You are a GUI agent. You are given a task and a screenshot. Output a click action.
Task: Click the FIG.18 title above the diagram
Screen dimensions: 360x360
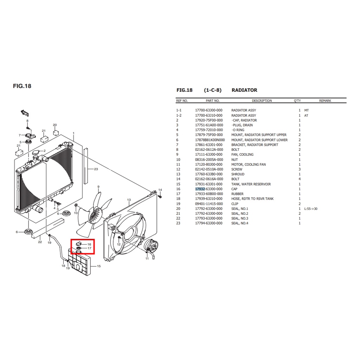pyautogui.click(x=22, y=86)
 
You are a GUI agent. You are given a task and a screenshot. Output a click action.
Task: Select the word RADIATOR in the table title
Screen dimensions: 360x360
pyautogui.click(x=244, y=90)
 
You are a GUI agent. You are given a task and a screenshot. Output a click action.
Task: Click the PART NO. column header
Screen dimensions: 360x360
pyautogui.click(x=213, y=101)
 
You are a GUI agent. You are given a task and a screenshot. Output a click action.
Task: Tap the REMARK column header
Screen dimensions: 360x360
pyautogui.click(x=325, y=101)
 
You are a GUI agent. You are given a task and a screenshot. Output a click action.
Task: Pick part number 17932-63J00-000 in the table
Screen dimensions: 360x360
pyautogui.click(x=209, y=189)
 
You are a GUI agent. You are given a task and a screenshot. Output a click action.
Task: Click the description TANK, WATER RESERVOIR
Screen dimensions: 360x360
pyautogui.click(x=251, y=184)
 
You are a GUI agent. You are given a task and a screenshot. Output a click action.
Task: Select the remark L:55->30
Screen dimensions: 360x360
pyautogui.click(x=311, y=209)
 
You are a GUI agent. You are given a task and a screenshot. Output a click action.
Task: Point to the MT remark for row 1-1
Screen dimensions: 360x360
pyautogui.click(x=307, y=110)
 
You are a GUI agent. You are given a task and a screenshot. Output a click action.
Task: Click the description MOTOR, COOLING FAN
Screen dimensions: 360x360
pyautogui.click(x=249, y=165)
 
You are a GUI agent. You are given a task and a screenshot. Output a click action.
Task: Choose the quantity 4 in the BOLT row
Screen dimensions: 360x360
pyautogui.click(x=300, y=179)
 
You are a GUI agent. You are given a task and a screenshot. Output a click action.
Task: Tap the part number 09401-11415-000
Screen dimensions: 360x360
pyautogui.click(x=209, y=204)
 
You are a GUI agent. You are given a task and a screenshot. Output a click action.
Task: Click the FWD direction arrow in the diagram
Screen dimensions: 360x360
pyautogui.click(x=25, y=113)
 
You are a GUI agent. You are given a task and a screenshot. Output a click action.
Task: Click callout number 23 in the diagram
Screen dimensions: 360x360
pyautogui.click(x=96, y=169)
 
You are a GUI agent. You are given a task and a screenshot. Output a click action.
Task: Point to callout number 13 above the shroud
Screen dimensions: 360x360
pyautogui.click(x=129, y=200)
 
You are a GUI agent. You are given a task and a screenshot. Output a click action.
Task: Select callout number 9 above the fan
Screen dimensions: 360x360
pyautogui.click(x=98, y=187)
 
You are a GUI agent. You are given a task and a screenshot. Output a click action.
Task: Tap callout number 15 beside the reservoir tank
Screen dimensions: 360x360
pyautogui.click(x=99, y=266)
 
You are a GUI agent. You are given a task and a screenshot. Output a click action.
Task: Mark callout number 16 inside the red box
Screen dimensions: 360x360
pyautogui.click(x=89, y=244)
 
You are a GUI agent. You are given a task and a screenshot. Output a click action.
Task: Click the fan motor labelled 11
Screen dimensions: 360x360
pyautogui.click(x=150, y=246)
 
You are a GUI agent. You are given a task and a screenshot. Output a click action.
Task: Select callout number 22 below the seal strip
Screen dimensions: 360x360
pyautogui.click(x=40, y=242)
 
